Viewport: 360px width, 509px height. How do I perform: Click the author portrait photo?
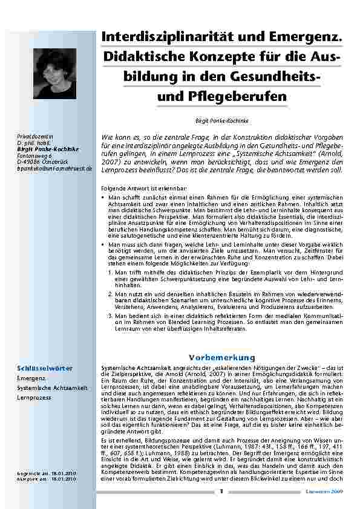55,74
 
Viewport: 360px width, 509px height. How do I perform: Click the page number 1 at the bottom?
221,491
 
